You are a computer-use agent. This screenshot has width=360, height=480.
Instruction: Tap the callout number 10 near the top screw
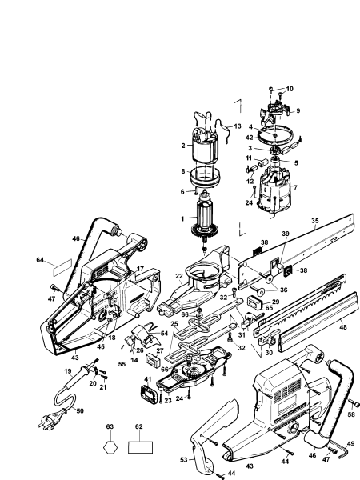290,88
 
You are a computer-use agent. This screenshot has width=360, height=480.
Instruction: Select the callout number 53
185,460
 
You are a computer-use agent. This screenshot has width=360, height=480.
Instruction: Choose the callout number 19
69,371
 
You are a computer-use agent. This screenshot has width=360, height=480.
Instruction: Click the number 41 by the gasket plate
147,378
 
